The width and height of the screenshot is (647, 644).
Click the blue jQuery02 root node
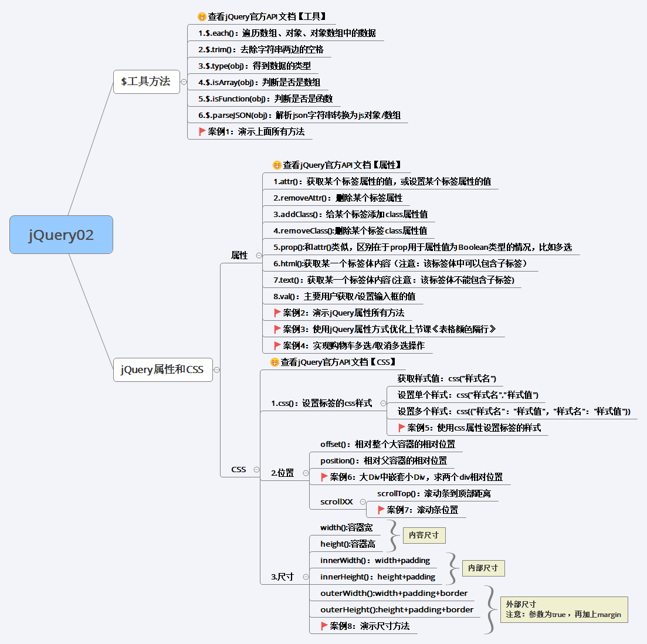click(61, 235)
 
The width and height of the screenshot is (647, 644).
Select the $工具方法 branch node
click(146, 82)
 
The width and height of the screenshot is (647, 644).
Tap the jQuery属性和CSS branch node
click(162, 370)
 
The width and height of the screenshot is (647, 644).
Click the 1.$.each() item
click(287, 33)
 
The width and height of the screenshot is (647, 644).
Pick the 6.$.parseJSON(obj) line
click(299, 115)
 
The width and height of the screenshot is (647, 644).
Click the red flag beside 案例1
click(202, 131)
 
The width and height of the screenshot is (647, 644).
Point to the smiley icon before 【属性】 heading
click(277, 165)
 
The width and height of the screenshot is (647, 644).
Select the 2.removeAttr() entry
click(338, 198)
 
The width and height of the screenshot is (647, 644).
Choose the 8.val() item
click(344, 296)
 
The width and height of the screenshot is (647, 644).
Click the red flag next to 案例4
click(277, 345)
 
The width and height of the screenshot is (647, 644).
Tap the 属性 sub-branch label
click(239, 255)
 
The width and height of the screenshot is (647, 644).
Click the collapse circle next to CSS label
click(256, 469)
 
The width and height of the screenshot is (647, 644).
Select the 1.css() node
click(321, 403)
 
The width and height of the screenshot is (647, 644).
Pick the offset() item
click(388, 444)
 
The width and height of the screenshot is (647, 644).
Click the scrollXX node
click(337, 501)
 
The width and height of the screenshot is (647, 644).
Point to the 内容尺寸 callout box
click(424, 535)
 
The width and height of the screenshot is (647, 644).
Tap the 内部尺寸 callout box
click(483, 568)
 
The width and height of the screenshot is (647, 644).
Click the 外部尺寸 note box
click(566, 609)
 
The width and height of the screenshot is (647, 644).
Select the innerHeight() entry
click(378, 577)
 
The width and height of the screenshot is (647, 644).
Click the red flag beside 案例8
click(324, 626)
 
